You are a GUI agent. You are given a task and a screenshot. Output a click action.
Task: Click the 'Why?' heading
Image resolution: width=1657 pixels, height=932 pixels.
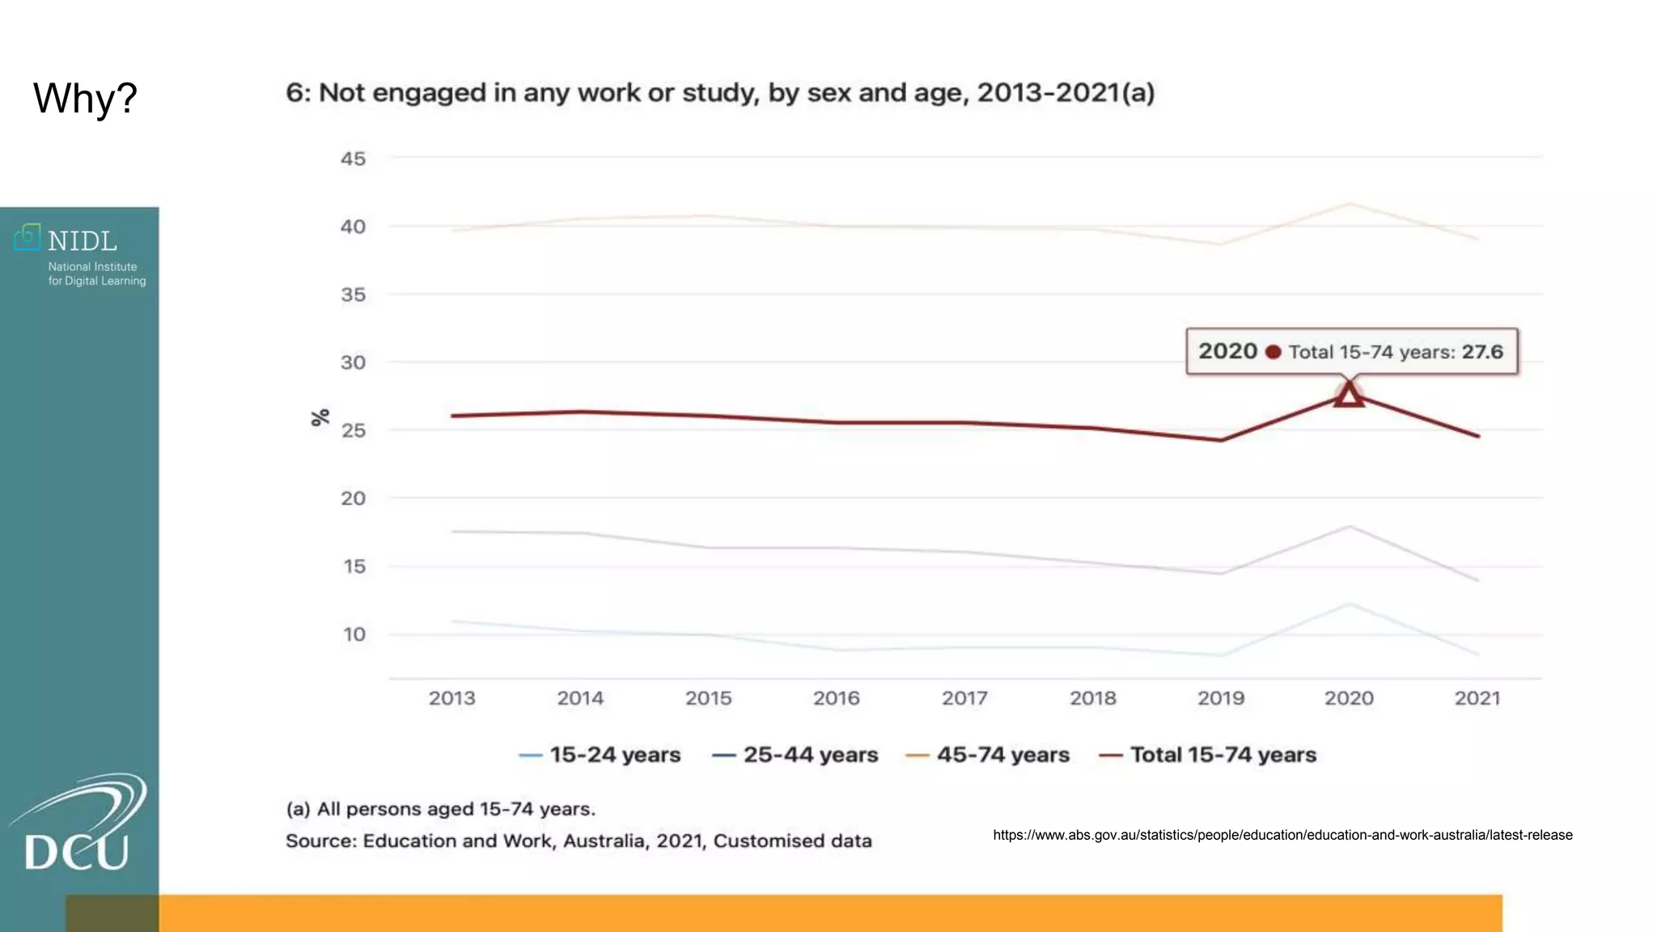point(85,99)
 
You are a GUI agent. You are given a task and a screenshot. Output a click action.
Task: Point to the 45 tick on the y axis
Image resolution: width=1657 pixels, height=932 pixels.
point(353,159)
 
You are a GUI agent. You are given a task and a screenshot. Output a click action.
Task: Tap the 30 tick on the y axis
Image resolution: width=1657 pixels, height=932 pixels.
point(353,362)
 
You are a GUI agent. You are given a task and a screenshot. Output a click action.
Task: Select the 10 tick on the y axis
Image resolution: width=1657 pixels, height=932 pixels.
point(354,634)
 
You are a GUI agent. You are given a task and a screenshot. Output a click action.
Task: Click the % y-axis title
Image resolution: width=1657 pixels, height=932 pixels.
point(320,417)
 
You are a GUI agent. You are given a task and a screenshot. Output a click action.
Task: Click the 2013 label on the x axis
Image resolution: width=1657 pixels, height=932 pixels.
point(451,698)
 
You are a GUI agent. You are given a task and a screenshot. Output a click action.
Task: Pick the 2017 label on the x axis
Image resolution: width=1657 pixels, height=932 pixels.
point(964,698)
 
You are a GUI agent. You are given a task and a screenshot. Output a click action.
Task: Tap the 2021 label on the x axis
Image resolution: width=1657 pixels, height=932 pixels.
point(1477,698)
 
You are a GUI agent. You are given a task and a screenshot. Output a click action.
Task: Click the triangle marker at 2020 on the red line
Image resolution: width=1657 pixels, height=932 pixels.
point(1349,396)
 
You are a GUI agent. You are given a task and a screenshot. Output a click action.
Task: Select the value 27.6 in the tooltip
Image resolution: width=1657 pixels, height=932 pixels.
point(1482,352)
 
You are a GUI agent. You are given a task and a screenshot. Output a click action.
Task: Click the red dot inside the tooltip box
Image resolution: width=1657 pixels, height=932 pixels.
point(1273,352)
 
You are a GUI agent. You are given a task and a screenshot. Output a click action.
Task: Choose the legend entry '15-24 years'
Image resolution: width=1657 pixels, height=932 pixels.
point(614,755)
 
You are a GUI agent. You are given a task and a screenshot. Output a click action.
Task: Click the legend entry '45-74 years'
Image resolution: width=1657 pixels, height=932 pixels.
point(1002,755)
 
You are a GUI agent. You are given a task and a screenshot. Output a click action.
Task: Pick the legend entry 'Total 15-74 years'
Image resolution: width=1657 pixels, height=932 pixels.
point(1223,755)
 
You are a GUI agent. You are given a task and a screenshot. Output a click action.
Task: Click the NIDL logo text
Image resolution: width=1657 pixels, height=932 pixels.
point(82,241)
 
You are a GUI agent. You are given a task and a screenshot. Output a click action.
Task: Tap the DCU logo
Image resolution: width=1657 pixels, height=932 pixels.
point(78,825)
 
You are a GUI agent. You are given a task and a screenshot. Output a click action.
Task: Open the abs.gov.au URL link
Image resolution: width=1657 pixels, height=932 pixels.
point(1282,835)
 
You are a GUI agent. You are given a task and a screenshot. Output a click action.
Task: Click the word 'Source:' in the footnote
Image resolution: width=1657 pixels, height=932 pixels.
point(321,841)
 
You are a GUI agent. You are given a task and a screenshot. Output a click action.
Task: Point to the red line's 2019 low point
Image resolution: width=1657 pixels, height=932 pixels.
point(1221,440)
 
